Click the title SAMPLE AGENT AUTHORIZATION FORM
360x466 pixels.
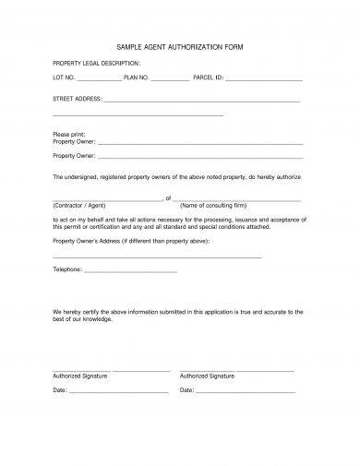pos(180,45)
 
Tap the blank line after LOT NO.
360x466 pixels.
pos(99,79)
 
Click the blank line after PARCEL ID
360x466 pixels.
pos(262,79)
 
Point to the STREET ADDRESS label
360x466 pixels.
pos(76,98)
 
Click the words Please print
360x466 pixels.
pos(68,135)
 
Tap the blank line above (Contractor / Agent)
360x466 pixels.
pos(107,198)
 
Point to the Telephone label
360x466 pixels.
pos(67,269)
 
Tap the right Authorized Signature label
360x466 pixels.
pos(207,376)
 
